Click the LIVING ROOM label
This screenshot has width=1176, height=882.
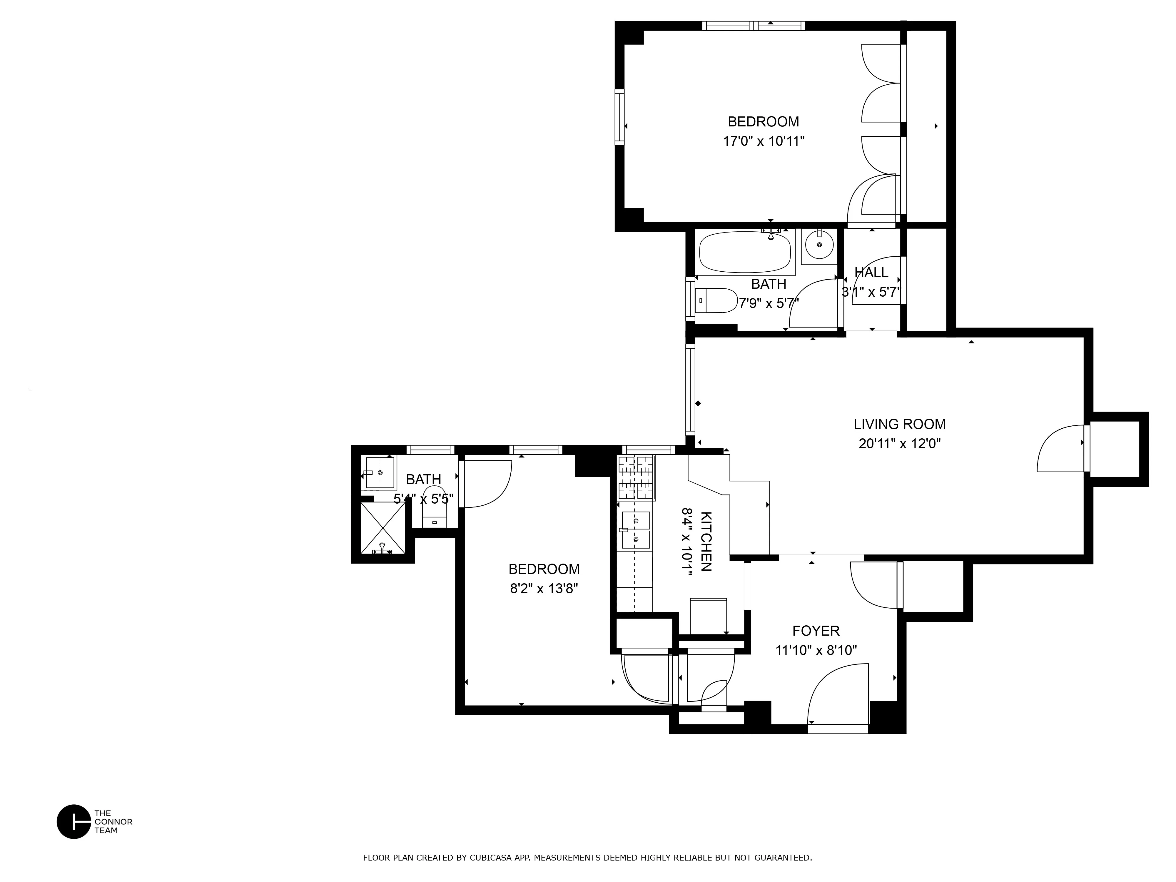[900, 424]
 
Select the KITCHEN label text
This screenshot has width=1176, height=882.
[706, 541]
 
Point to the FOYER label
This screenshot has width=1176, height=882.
[816, 631]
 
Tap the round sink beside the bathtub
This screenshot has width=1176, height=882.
[819, 245]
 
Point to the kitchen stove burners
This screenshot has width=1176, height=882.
[637, 478]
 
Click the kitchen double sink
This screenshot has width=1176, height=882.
[636, 530]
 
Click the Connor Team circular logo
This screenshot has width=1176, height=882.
[74, 821]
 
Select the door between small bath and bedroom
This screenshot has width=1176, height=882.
[485, 484]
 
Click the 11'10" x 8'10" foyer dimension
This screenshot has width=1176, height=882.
[816, 650]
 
